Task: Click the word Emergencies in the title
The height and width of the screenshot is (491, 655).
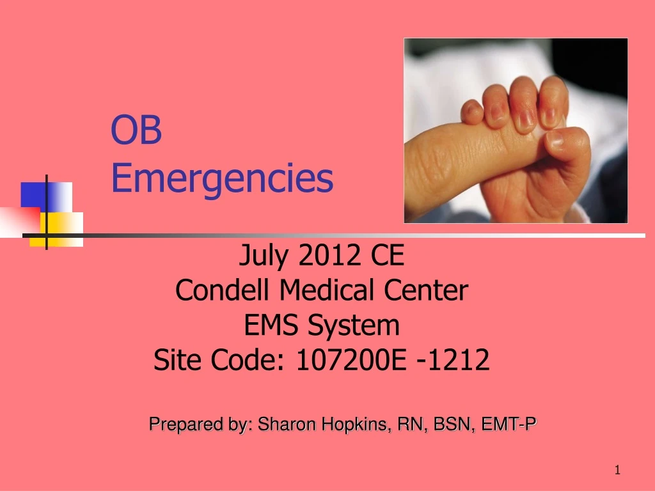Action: click(x=222, y=179)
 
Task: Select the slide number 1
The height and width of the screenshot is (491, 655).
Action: click(x=617, y=471)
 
